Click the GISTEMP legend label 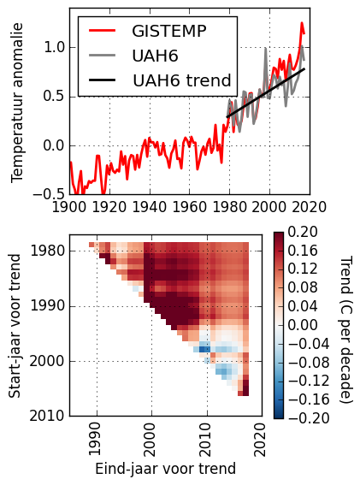click(x=168, y=31)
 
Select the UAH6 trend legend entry click(x=182, y=80)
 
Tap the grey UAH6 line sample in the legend click(x=102, y=56)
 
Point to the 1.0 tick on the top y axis click(x=55, y=48)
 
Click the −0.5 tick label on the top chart click(x=49, y=194)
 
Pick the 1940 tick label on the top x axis click(x=150, y=207)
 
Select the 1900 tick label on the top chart click(x=69, y=207)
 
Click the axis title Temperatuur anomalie click(x=17, y=103)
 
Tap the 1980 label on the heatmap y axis click(x=48, y=251)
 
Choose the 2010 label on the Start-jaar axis click(x=48, y=416)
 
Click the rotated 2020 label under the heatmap click(x=260, y=440)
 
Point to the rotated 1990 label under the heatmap click(x=95, y=439)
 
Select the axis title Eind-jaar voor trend click(x=166, y=469)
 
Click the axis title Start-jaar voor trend click(x=15, y=326)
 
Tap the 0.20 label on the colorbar click(x=303, y=232)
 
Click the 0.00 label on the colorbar click(x=303, y=325)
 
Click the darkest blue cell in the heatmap click(x=204, y=349)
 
